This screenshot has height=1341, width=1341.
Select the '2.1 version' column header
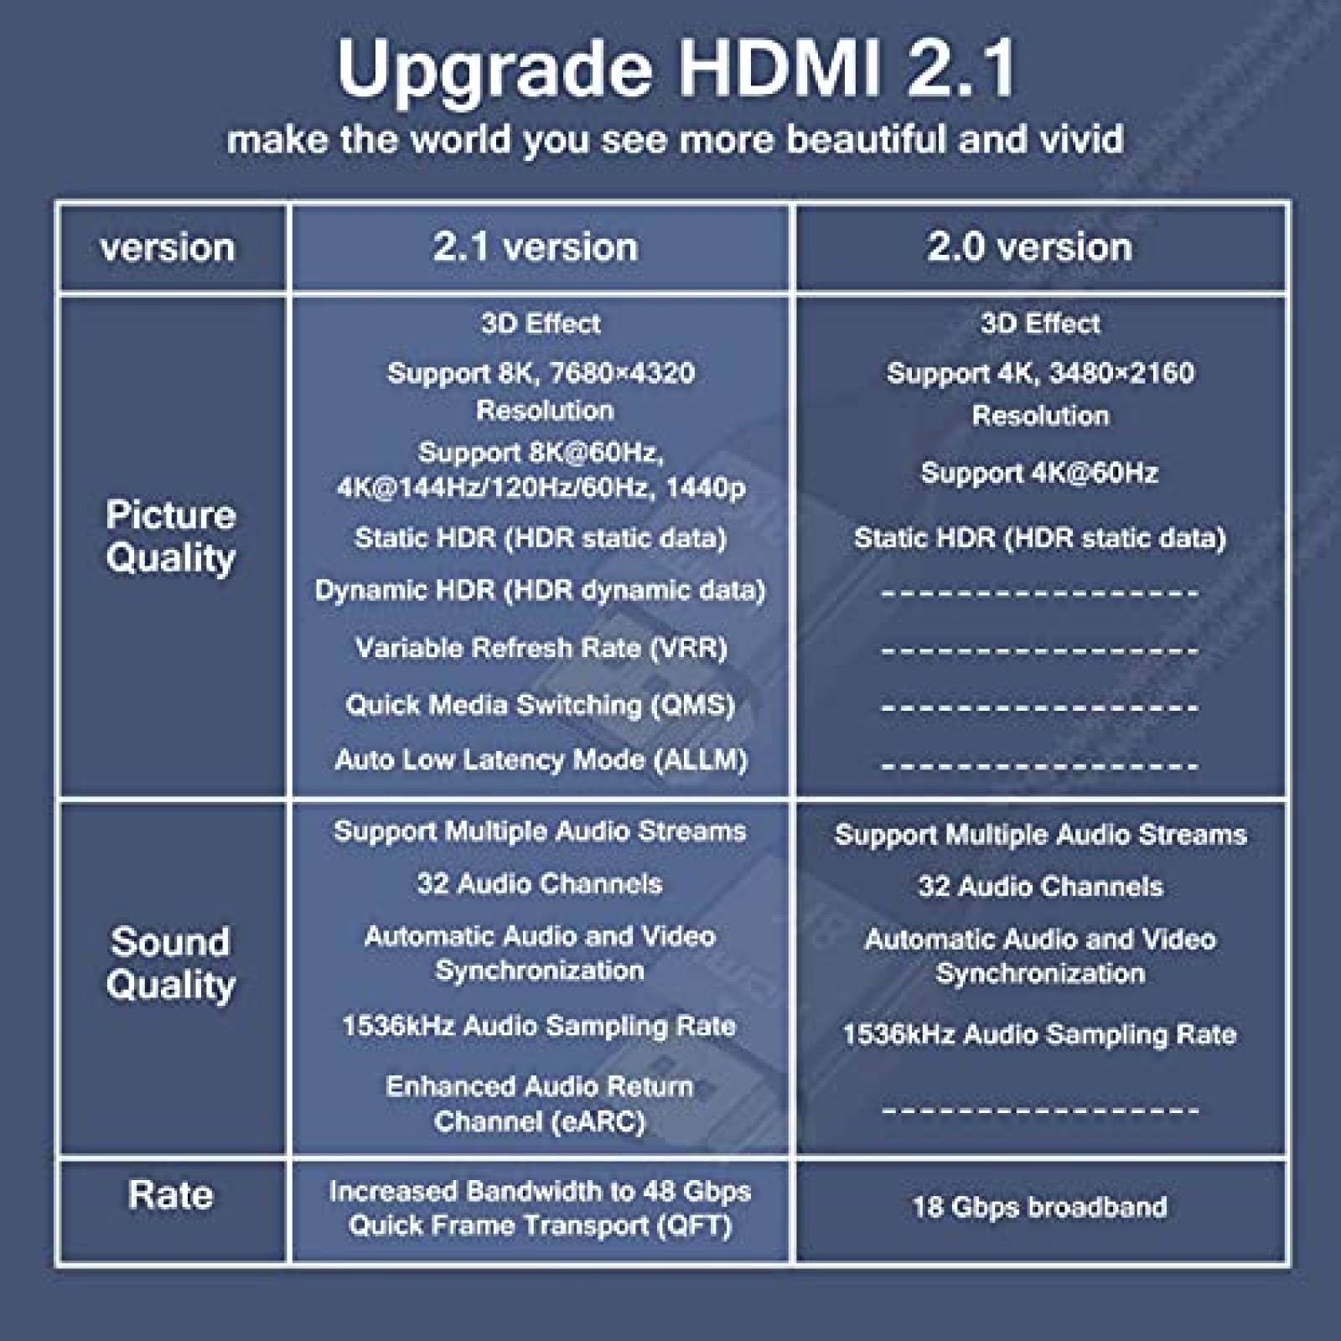[536, 247]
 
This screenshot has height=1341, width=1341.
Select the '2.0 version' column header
[1029, 247]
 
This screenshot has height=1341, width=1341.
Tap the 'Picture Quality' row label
[171, 536]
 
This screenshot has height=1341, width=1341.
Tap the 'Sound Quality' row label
[171, 964]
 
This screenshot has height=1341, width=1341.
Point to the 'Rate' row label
[171, 1194]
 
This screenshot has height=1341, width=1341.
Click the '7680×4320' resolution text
[613, 373]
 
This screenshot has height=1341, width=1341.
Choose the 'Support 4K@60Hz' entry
[1039, 473]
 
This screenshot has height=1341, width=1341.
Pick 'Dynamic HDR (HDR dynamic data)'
[541, 591]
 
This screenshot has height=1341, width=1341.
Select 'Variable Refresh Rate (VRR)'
[541, 648]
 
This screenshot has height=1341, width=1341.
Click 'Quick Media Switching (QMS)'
[541, 705]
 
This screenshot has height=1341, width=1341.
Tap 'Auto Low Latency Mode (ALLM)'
[541, 760]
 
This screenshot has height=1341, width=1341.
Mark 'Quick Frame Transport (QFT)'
[541, 1226]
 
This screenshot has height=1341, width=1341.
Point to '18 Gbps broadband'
[1039, 1207]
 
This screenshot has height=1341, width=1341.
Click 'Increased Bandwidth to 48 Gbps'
[541, 1191]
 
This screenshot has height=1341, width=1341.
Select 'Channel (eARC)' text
[540, 1121]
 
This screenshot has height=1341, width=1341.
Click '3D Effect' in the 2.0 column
[1040, 324]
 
